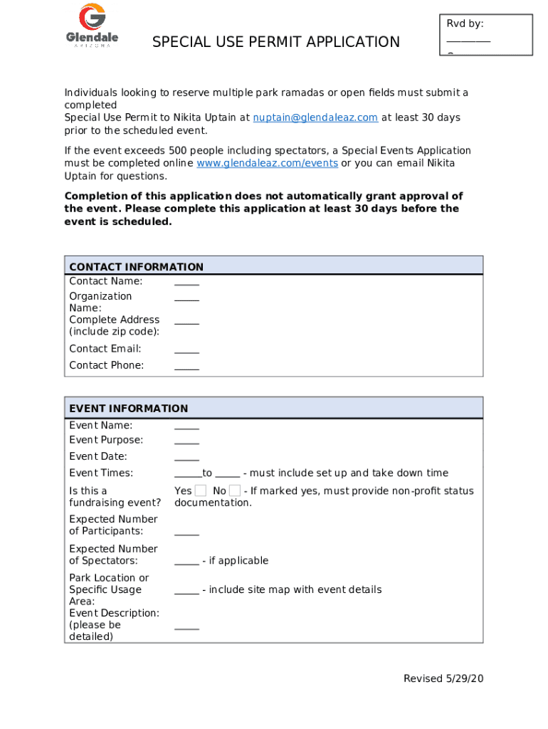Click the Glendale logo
tap(92, 26)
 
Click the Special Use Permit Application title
tap(276, 43)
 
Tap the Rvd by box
tap(485, 34)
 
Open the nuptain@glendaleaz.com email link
tap(315, 117)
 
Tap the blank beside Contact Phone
tap(186, 366)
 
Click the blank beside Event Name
tap(186, 426)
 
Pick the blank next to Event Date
tap(186, 457)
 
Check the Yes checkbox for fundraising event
tap(201, 491)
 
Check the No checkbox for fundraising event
tap(235, 491)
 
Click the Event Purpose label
tap(106, 440)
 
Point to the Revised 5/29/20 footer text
tap(443, 678)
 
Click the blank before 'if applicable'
tap(186, 561)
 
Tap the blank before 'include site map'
tap(186, 590)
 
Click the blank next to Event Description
tap(186, 626)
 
